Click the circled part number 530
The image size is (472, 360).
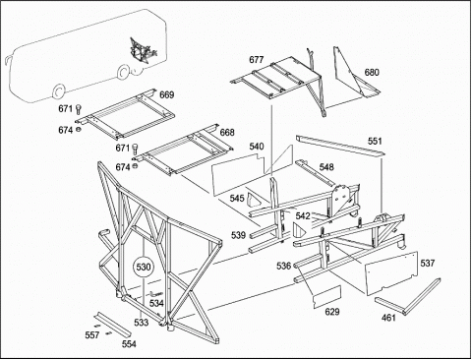(144, 267)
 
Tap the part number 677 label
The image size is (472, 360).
(257, 60)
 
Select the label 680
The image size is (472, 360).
(372, 72)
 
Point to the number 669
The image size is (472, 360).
(167, 94)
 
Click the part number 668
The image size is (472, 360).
(227, 132)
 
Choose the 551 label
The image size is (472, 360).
(375, 141)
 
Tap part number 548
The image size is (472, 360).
(326, 167)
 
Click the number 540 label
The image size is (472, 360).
(257, 147)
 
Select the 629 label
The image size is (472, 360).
(332, 312)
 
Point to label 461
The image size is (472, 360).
(388, 318)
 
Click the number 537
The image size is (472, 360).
(428, 263)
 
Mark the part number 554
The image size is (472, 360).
(129, 344)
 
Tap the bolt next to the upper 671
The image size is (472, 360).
(79, 108)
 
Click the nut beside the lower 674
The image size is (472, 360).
(135, 166)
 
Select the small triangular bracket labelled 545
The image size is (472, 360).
(254, 200)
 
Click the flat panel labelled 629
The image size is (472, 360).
(327, 297)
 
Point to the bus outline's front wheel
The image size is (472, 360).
(58, 92)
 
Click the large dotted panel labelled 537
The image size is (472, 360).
(391, 273)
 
